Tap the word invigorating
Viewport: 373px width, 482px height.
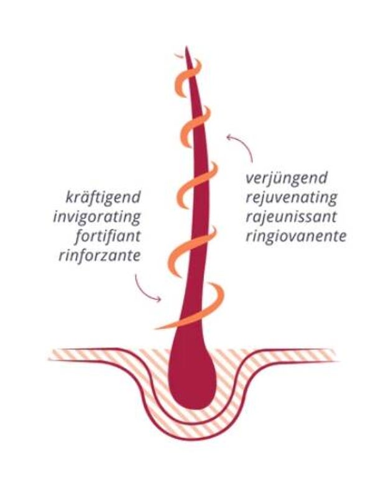[x=97, y=218]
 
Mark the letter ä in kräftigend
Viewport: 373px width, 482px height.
[x=82, y=198]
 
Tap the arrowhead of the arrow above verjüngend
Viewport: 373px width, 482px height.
[x=229, y=135]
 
